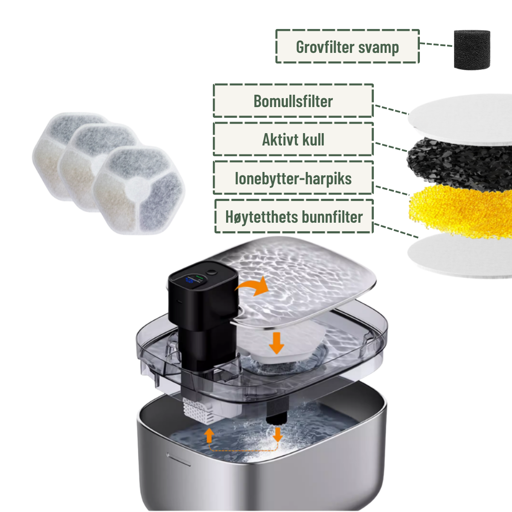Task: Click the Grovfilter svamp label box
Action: click(x=347, y=47)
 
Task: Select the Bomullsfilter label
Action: click(x=293, y=101)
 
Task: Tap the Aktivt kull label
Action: click(x=293, y=139)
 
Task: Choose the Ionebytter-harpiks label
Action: click(x=293, y=178)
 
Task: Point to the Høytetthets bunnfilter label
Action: click(x=294, y=216)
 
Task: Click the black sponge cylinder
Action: click(x=472, y=49)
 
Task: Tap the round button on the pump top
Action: click(x=212, y=272)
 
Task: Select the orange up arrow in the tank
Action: click(x=209, y=436)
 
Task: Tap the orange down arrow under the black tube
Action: click(x=278, y=434)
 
